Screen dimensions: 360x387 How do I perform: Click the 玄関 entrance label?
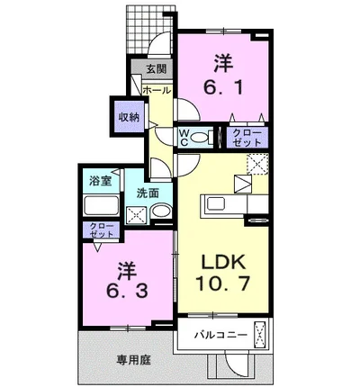tap(157, 69)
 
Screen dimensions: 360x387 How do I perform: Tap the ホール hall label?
tap(157, 90)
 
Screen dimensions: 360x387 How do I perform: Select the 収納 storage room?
tap(130, 117)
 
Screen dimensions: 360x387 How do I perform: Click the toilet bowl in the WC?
tap(201, 138)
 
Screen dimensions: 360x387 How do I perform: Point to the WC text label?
tap(184, 138)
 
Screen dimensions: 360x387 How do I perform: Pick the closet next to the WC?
tap(247, 138)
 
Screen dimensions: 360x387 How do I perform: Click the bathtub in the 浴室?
tap(101, 205)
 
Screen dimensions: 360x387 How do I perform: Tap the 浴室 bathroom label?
tap(100, 181)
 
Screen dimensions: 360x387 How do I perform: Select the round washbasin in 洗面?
tap(161, 211)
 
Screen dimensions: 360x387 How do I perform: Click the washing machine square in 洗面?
tap(136, 215)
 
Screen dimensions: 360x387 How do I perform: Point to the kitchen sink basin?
tap(217, 204)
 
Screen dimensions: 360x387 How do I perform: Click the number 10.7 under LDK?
tap(222, 283)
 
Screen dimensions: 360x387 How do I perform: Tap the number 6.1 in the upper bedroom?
tap(223, 87)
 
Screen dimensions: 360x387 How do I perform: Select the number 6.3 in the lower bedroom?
tap(127, 291)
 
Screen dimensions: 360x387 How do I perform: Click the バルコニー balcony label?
tap(220, 334)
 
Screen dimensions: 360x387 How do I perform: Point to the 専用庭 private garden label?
tap(134, 360)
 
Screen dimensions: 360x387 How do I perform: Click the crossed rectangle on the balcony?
tap(259, 334)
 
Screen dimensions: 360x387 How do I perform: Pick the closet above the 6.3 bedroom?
tap(102, 230)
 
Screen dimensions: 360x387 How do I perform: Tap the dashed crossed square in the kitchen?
tap(257, 164)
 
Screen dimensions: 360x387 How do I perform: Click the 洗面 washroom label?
tap(148, 193)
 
